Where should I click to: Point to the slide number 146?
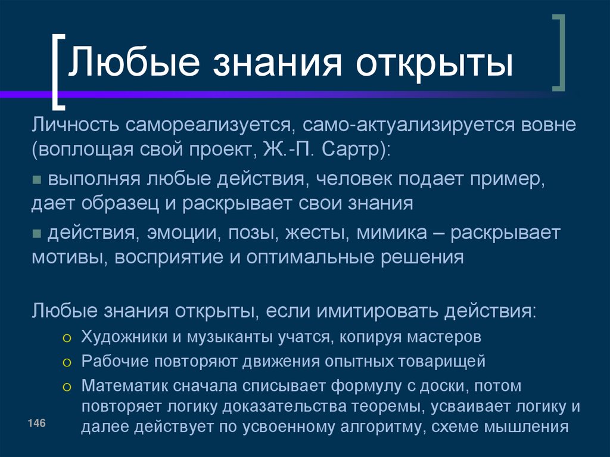(x=36, y=422)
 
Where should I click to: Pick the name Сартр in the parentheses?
(x=352, y=148)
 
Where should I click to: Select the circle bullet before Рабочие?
(x=67, y=362)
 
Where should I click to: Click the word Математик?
(x=123, y=386)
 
